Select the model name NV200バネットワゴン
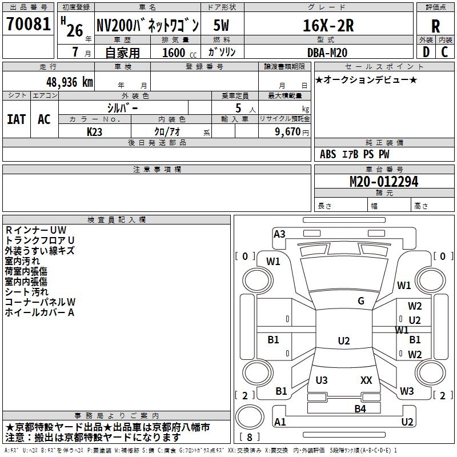click(147, 26)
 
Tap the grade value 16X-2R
click(328, 26)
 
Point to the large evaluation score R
click(435, 26)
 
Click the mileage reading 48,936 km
click(62, 82)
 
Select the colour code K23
click(95, 131)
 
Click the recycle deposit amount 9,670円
click(288, 131)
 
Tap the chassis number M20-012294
click(383, 182)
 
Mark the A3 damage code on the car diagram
click(279, 234)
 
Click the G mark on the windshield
click(360, 301)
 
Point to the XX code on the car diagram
click(366, 380)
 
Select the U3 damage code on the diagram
click(322, 380)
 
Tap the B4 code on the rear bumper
click(360, 408)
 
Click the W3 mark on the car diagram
click(407, 391)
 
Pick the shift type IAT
click(16, 119)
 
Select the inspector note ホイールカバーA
click(39, 312)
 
